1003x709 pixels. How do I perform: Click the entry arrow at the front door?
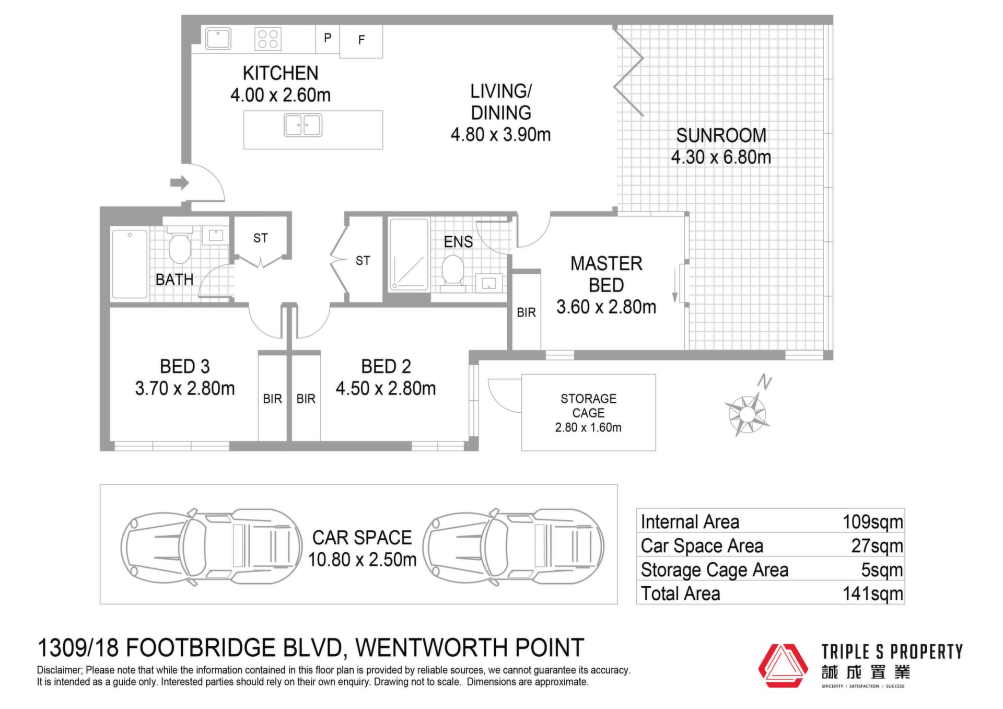pyautogui.click(x=179, y=183)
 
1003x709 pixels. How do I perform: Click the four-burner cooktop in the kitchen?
pyautogui.click(x=268, y=39)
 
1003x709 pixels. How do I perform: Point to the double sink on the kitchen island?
pyautogui.click(x=303, y=125)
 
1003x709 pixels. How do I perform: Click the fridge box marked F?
pyautogui.click(x=361, y=41)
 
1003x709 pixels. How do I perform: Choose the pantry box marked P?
pyautogui.click(x=328, y=38)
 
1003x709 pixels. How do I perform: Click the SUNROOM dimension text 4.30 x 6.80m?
pyautogui.click(x=721, y=157)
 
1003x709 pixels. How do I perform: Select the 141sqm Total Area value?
pyautogui.click(x=872, y=594)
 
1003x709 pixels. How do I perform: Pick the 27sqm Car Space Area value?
pyautogui.click(x=877, y=546)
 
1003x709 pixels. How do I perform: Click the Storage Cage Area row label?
pyautogui.click(x=714, y=570)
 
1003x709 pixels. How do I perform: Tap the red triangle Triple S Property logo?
pyautogui.click(x=783, y=666)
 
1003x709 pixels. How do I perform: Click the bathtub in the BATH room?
pyautogui.click(x=130, y=264)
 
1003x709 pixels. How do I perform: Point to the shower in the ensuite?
pyautogui.click(x=409, y=254)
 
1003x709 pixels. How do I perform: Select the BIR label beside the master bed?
pyautogui.click(x=526, y=312)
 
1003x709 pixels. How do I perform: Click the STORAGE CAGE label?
pyautogui.click(x=588, y=405)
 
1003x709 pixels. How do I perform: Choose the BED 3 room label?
pyautogui.click(x=184, y=366)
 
